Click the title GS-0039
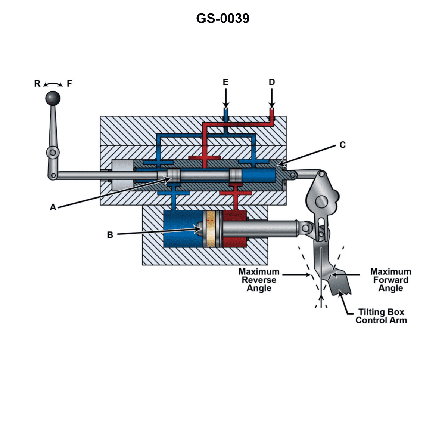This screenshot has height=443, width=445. coord(222,18)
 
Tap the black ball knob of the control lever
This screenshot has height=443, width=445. coord(53,98)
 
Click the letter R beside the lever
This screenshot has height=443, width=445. coord(37,84)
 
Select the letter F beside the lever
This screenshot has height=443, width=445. coord(69,84)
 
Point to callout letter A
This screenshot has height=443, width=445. coord(53,207)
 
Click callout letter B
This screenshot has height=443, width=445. coord(110,235)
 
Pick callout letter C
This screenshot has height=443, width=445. coord(342,145)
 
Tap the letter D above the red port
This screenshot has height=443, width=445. coord(272,82)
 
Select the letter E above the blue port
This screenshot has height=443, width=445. coord(225,82)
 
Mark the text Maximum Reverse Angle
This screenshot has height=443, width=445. coord(259,280)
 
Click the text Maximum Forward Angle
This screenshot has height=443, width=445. coord(390,280)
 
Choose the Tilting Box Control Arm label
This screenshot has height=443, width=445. coord(381,316)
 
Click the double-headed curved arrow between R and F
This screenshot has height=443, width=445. coord(53,84)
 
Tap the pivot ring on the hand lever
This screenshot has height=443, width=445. coord(53,152)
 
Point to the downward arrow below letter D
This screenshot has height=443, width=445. coord(272,99)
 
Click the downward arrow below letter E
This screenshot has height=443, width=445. coord(225,99)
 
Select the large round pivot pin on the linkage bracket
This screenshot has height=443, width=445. coord(321,202)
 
